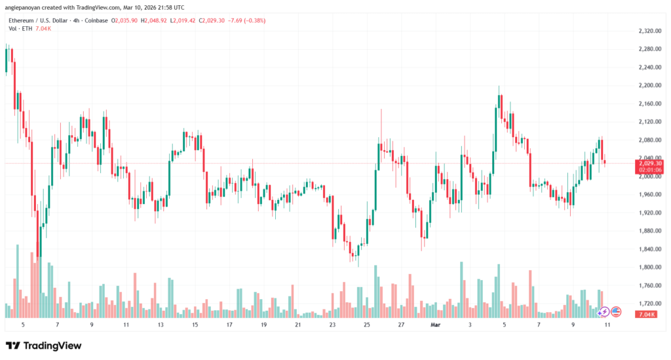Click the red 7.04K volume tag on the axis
[647, 315]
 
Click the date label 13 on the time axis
[160, 325]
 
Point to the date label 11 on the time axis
[126, 325]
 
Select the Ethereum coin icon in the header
[9, 20]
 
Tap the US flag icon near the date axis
[616, 311]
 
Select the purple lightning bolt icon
[604, 311]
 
